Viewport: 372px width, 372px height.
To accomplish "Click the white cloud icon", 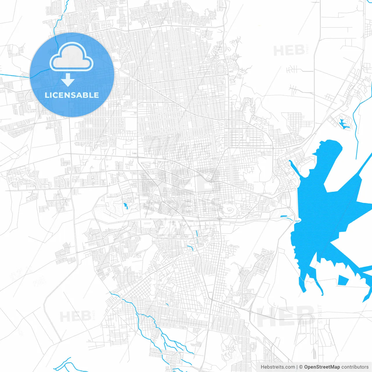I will click(x=71, y=57).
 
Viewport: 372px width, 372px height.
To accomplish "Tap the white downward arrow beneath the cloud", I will click(x=68, y=80).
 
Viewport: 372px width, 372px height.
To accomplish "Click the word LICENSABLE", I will click(x=72, y=95).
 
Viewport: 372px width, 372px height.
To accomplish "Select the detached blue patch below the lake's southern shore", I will click(x=343, y=280).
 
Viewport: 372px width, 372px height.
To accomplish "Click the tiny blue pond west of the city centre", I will click(x=126, y=206).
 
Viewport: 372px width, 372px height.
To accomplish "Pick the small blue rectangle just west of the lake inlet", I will click(x=283, y=216).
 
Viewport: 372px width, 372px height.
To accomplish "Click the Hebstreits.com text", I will click(x=278, y=367).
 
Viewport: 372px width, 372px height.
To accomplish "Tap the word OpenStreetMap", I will click(x=322, y=367).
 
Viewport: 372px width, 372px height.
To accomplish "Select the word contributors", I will click(x=355, y=367).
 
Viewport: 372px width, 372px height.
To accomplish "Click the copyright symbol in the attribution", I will click(x=301, y=367).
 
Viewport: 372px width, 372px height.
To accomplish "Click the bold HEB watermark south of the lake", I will click(x=286, y=316).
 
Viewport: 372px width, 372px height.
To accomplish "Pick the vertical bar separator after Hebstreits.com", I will click(x=297, y=367).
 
